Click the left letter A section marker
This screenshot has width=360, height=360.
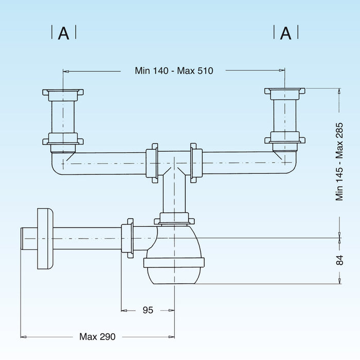[x=64, y=33]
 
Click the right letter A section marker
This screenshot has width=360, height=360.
[x=286, y=33]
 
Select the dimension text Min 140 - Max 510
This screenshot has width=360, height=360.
[x=174, y=71]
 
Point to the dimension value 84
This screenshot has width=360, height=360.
[x=340, y=260]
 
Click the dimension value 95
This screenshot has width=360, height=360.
[x=148, y=310]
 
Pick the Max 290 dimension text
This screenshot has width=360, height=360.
[x=98, y=337]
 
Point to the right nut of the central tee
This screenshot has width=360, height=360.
[x=196, y=164]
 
